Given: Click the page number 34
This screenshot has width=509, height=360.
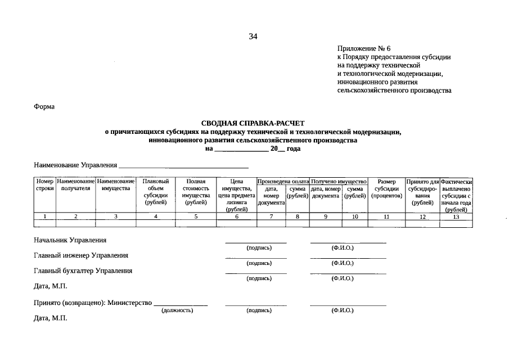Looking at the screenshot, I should [x=253, y=37].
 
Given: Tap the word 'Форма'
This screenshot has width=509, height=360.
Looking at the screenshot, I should [x=44, y=106].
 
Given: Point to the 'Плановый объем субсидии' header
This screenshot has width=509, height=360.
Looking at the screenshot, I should [x=156, y=192].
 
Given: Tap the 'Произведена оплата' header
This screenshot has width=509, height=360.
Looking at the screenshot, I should [x=283, y=182].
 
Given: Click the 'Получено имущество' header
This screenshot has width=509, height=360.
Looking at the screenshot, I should [x=339, y=182].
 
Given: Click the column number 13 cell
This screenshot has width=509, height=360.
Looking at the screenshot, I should [x=456, y=217].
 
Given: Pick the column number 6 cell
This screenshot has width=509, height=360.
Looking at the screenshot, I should [x=237, y=217].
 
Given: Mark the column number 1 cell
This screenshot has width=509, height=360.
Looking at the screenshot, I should [x=44, y=217].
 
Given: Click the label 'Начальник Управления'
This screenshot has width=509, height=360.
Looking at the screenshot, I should [x=70, y=240].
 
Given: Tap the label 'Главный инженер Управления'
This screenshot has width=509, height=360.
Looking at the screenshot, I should [x=81, y=255].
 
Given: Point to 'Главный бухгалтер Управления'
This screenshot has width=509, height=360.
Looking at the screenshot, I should [x=83, y=271].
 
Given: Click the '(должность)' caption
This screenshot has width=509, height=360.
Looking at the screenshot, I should [x=177, y=310].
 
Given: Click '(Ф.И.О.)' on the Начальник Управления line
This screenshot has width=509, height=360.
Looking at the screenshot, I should [x=343, y=247].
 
